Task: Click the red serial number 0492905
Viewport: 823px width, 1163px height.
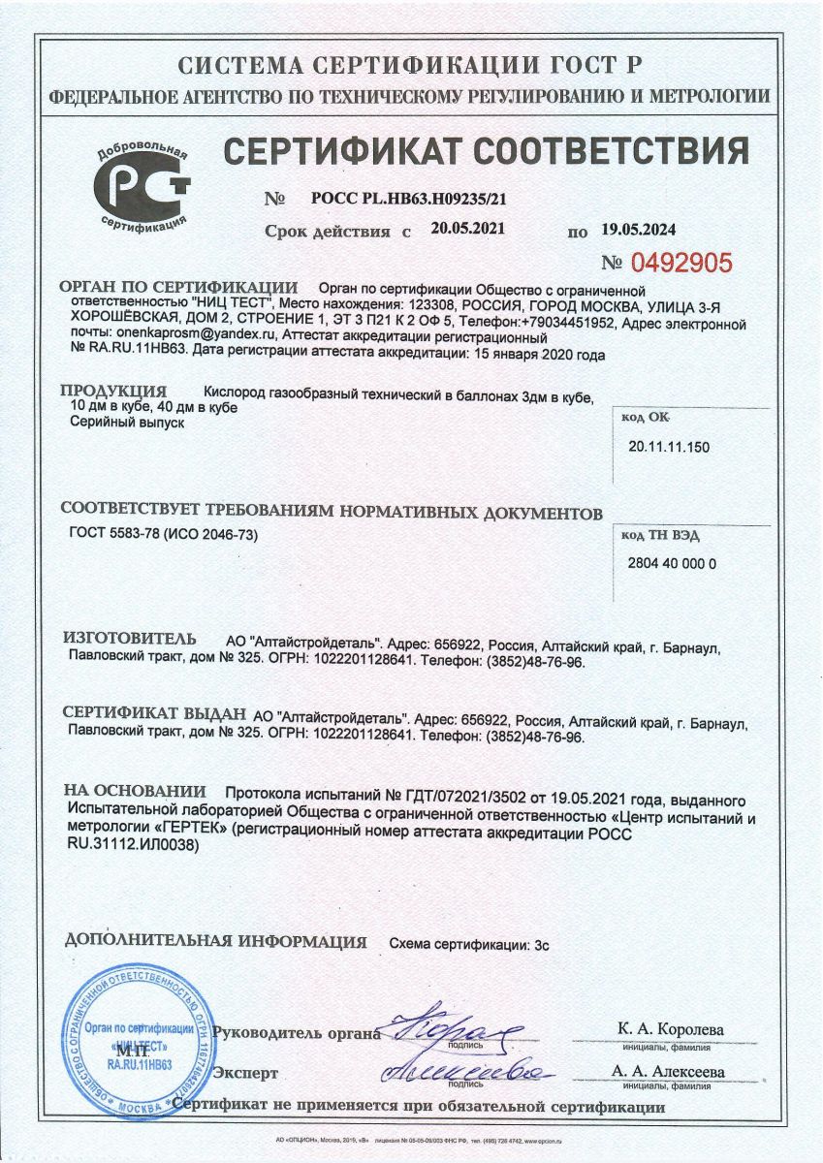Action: [x=681, y=262]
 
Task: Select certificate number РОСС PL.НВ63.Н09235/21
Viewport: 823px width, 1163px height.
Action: [x=409, y=200]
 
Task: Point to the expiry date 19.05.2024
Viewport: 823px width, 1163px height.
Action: [x=638, y=230]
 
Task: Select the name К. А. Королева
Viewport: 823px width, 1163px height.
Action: [x=670, y=1028]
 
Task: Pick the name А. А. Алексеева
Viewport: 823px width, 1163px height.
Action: [x=668, y=1072]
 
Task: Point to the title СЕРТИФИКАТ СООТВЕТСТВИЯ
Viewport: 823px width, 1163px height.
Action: [x=486, y=152]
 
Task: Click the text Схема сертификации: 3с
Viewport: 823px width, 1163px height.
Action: [x=469, y=942]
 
